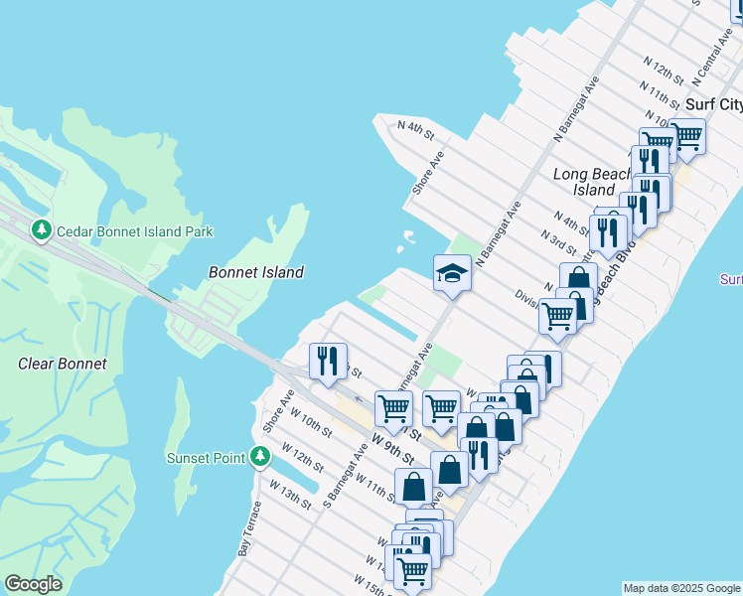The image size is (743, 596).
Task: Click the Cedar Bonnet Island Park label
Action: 135,231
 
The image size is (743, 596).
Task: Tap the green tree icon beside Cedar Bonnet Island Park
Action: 42,231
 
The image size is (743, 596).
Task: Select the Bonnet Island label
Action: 256,272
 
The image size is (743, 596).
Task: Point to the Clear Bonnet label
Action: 63,364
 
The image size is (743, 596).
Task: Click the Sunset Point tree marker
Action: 260,457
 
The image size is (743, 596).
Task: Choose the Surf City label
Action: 713,104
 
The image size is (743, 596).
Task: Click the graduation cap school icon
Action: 452,271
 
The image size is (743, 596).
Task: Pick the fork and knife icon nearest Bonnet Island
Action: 328,362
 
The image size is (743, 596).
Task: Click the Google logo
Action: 34,584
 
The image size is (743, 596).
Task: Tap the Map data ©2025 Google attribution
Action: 681,588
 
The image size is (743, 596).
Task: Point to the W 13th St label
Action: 291,493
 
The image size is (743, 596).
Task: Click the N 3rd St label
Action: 558,241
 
